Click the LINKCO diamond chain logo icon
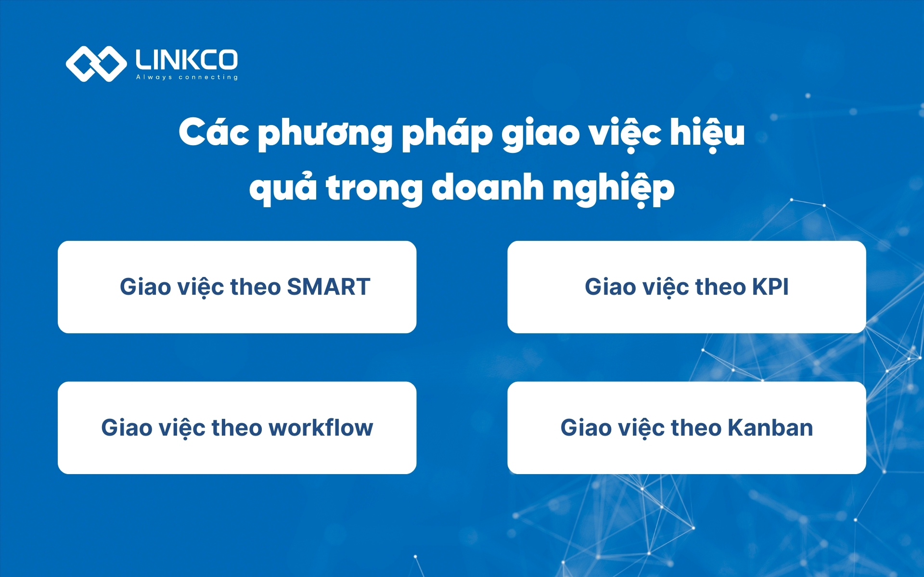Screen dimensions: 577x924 [96, 63]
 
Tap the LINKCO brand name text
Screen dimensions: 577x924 [187, 60]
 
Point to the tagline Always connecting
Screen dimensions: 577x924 [187, 77]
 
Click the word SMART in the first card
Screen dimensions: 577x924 [329, 287]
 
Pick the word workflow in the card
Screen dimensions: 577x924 [321, 427]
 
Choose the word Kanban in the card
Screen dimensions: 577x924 [770, 427]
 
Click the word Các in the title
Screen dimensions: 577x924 [214, 132]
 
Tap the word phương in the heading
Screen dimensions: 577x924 [325, 134]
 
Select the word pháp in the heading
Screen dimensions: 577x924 [447, 134]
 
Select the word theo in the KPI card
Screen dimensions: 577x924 [720, 287]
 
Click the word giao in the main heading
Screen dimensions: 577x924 [540, 134]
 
